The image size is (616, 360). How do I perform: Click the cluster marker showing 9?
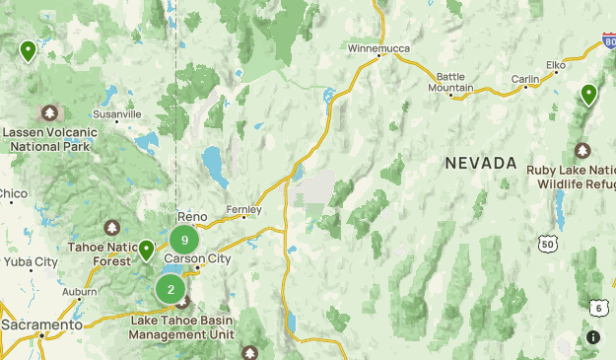[x=184, y=240]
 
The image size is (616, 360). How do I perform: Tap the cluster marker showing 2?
[x=171, y=289]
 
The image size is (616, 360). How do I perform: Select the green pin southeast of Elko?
[x=588, y=95]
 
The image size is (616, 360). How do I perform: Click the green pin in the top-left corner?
[x=28, y=50]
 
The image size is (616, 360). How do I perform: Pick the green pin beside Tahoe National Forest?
[x=146, y=251]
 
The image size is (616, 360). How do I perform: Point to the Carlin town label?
[x=524, y=79]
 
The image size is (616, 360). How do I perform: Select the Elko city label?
[x=556, y=65]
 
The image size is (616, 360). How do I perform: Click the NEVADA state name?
[x=480, y=163]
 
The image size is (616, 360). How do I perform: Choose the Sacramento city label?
[x=41, y=324]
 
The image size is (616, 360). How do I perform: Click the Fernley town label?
[x=243, y=209]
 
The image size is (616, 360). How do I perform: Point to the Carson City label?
[x=197, y=258]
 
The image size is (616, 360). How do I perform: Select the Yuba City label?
[x=31, y=261]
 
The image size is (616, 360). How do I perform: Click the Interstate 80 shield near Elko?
[x=608, y=42]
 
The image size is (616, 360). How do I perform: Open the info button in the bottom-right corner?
[x=592, y=337]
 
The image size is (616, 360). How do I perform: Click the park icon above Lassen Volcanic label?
[x=49, y=114]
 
